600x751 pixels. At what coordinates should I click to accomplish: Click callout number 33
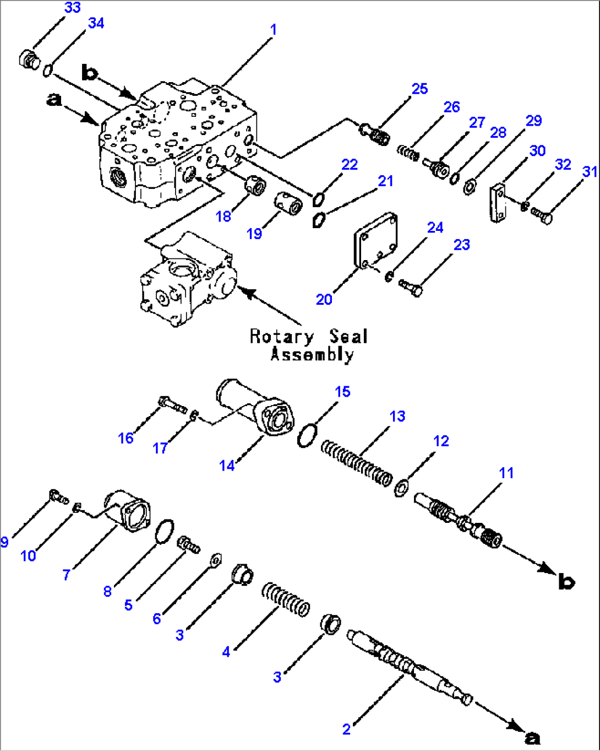pos(72,8)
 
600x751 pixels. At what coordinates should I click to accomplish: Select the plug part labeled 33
pos(29,60)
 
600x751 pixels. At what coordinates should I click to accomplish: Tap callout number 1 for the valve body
pos(273,30)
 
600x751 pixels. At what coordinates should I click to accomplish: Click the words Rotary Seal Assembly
pos(309,345)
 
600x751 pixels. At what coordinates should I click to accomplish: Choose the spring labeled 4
pos(285,598)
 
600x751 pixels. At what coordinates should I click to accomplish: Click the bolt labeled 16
pos(172,405)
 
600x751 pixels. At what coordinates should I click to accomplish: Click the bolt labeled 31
pos(542,218)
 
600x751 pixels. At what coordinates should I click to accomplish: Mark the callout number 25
pos(419,89)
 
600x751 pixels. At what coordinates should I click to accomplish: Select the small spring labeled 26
pos(408,153)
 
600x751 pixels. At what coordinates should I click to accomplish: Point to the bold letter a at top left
pos(53,100)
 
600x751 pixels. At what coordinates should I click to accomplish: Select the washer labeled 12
pos(402,488)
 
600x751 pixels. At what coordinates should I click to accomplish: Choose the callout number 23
pos(461,245)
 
